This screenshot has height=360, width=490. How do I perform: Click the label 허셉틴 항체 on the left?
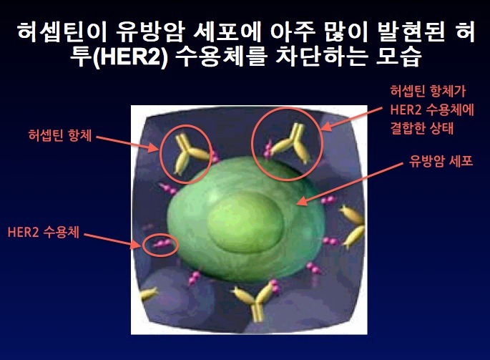coord(59,135)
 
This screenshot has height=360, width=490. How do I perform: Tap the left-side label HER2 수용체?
coord(44,232)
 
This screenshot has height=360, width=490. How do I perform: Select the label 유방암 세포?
coord(441,161)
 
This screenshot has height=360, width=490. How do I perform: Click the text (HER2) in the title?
coord(131,57)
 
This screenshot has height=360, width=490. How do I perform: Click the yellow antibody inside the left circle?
coord(190,154)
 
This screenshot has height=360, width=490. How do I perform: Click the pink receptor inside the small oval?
coord(162,243)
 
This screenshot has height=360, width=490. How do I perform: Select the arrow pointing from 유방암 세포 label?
coord(349,184)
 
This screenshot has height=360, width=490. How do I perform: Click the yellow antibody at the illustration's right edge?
coord(353,226)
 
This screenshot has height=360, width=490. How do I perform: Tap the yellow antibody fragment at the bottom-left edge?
coord(148,294)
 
